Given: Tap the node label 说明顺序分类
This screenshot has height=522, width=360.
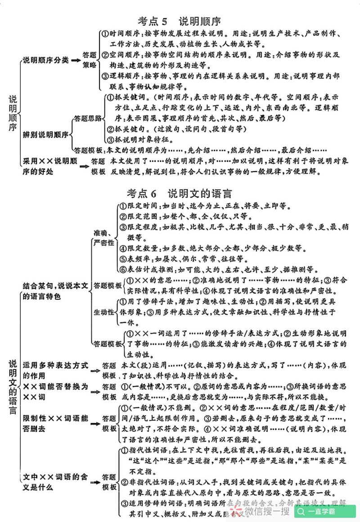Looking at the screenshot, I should click(45, 60).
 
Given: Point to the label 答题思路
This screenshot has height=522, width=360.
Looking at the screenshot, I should click(88, 118).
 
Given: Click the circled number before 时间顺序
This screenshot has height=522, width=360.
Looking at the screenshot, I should click(105, 34).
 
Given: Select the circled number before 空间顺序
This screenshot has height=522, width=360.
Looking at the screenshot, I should click(105, 55).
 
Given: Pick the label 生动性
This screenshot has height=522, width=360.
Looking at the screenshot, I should click(103, 312).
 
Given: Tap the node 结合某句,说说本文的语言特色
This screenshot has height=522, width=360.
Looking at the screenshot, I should click(55, 291).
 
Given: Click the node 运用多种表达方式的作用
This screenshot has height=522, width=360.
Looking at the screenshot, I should click(55, 370).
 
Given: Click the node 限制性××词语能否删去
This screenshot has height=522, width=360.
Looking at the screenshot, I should click(55, 423).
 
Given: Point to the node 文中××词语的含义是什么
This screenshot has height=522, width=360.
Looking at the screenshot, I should click(55, 481).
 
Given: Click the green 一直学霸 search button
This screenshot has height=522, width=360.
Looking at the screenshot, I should click(325, 511).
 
